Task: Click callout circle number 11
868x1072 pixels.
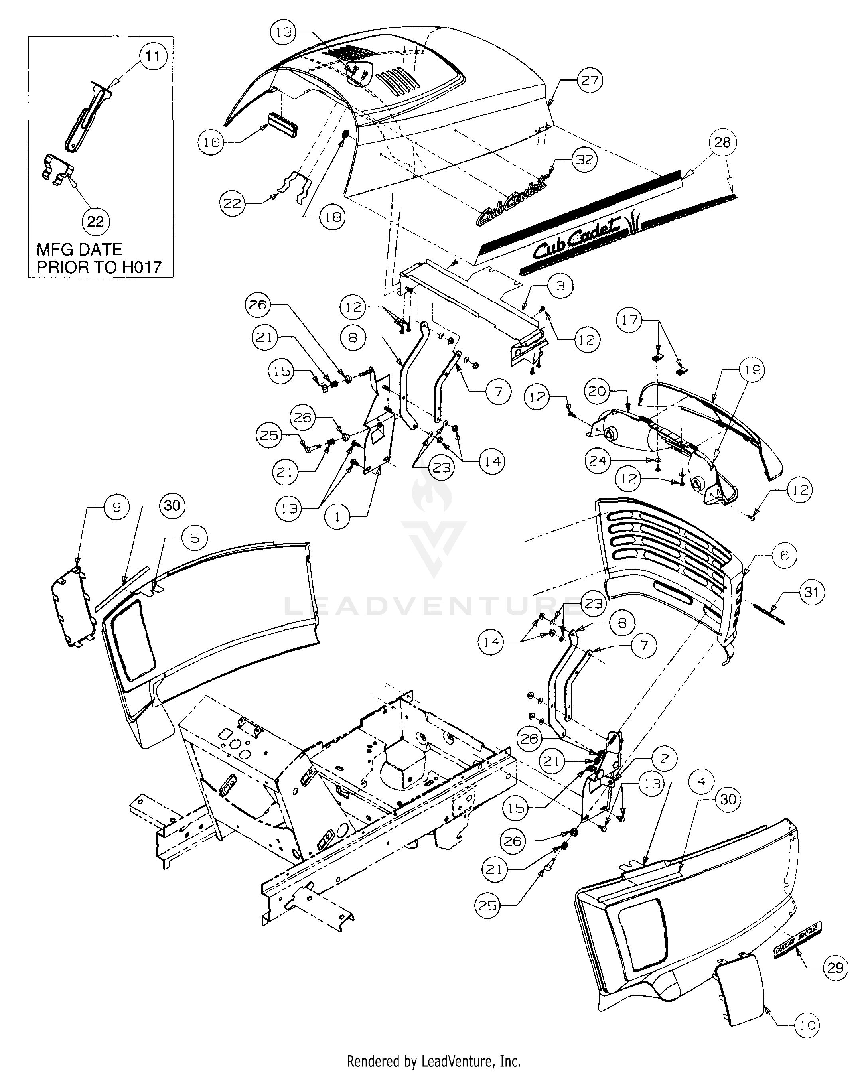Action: click(x=152, y=56)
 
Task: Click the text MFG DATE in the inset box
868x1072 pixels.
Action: click(x=79, y=249)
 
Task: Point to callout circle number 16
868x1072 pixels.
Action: click(x=211, y=142)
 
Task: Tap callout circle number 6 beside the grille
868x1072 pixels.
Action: click(x=784, y=555)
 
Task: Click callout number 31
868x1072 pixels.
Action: click(x=811, y=592)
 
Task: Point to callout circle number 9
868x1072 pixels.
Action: click(x=116, y=507)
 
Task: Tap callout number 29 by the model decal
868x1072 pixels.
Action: click(x=835, y=968)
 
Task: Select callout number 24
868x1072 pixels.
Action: click(x=597, y=461)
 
